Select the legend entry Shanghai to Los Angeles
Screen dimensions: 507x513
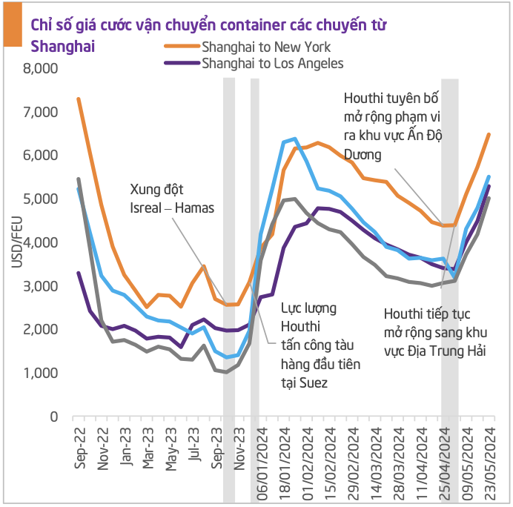[272, 63]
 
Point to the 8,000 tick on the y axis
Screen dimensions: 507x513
[42, 69]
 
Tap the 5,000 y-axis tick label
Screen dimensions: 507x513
[42, 199]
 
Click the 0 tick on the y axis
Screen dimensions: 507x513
[54, 417]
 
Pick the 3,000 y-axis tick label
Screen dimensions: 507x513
[42, 286]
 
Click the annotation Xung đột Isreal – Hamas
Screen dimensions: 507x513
[171, 198]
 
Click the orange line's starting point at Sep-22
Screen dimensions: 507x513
[79, 99]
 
